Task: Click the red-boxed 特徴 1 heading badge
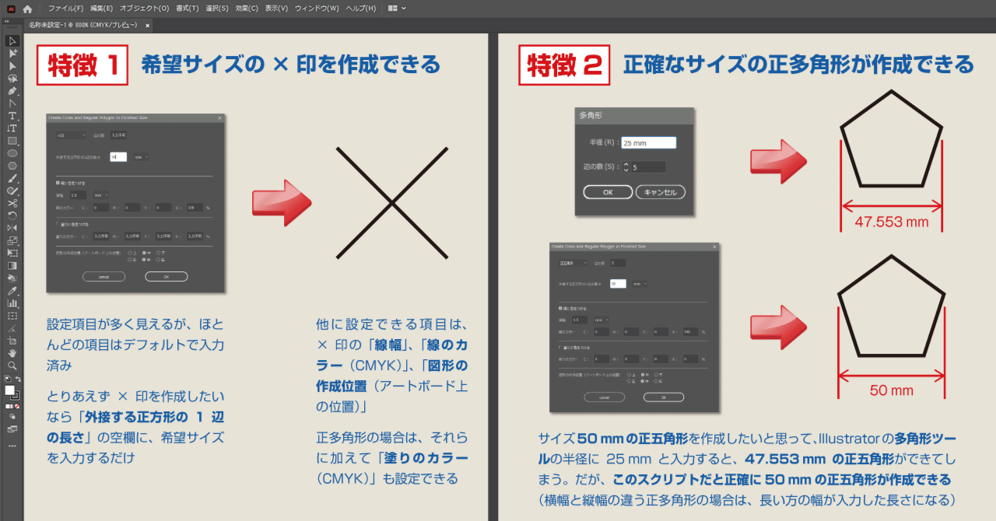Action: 83,65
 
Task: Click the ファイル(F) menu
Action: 65,9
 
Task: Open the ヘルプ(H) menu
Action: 360,9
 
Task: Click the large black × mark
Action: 391,202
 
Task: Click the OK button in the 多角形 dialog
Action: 607,191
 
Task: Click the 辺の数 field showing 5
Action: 647,166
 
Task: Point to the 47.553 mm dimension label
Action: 891,222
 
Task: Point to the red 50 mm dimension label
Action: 890,390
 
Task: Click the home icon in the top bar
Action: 28,9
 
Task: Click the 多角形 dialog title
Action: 591,115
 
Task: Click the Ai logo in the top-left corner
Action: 9,9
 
